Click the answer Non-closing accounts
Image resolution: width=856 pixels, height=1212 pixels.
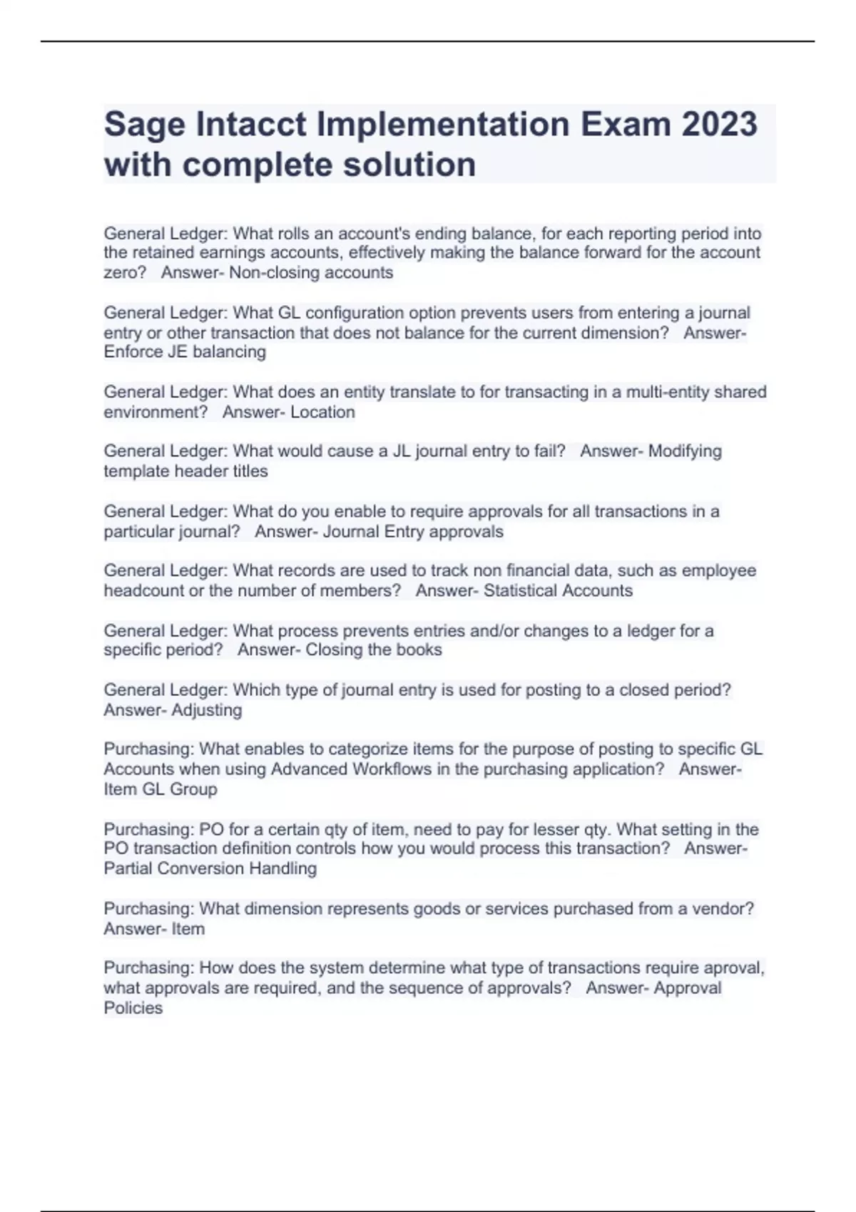[311, 273]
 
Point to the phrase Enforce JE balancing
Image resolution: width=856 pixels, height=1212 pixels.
[185, 352]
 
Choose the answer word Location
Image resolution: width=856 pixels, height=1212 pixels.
[322, 412]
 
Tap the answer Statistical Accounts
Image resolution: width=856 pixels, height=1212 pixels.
[558, 591]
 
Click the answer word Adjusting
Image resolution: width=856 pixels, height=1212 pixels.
[207, 710]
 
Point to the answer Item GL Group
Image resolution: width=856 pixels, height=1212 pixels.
[160, 789]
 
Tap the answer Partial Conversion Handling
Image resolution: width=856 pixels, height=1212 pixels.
[210, 868]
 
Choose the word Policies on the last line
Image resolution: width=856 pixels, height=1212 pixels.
[133, 1008]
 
